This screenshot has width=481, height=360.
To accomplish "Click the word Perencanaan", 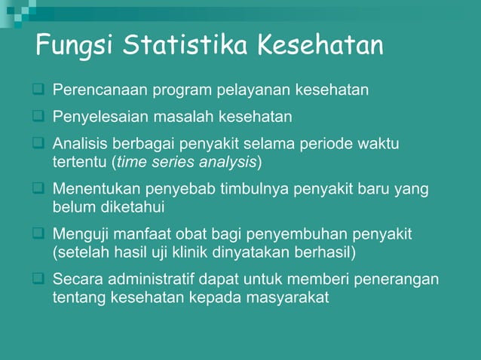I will pos(100,92).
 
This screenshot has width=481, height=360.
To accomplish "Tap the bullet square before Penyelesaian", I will pos(37,117).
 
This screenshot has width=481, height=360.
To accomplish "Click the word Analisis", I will pos(78,143).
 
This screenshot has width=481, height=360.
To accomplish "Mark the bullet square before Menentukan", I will pos(37,189).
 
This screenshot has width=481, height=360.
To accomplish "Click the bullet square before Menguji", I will pos(37,234).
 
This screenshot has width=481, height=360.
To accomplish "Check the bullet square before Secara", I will pos(37,280).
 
